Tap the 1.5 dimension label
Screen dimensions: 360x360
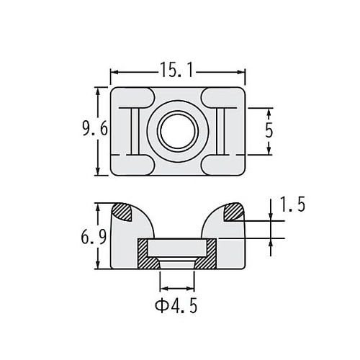click(292, 205)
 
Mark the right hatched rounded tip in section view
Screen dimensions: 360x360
click(235, 211)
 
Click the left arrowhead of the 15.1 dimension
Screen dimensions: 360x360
click(114, 72)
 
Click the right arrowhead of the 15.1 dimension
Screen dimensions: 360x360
click(243, 72)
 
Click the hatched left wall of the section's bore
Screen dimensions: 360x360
click(145, 255)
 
